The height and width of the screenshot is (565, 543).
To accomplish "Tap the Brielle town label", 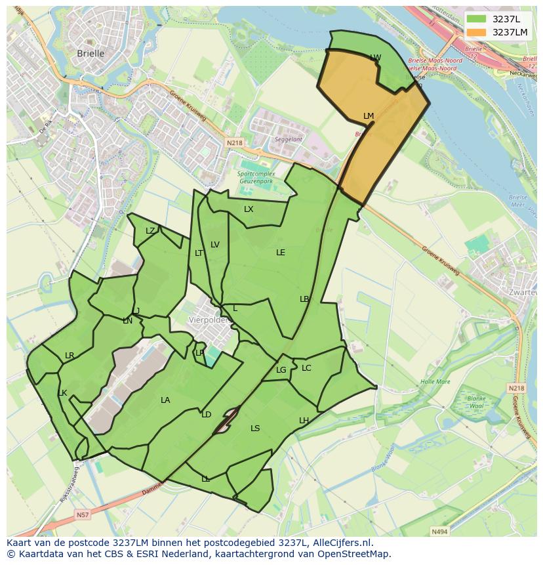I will coord(90,54).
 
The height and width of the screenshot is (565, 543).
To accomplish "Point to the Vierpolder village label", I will coord(208,320).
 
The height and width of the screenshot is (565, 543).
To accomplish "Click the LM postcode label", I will coord(369,116).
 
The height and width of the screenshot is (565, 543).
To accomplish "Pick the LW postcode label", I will coord(375,58).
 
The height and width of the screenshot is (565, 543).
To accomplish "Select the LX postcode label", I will coord(249,209).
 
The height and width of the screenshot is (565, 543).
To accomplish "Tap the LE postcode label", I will coord(281,252).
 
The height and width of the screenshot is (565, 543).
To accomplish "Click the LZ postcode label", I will coord(150,230).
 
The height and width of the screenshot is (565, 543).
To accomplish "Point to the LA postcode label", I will coord(165,400).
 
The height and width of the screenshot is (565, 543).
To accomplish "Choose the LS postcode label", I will coord(255,429).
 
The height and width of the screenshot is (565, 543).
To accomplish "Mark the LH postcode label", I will coord(304,420).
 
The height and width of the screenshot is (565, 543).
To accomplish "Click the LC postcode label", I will coord(306,368).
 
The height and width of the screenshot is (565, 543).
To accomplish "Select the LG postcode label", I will coord(281,370).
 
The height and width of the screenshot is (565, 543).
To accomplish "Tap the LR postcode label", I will coord(70,356).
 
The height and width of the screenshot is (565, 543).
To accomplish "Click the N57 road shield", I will coord(83,515).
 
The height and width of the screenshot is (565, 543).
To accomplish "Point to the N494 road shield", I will coord(439,532).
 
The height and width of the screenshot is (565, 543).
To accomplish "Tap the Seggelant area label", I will coord(289,139).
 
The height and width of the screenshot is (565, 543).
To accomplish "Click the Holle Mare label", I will coord(435,381).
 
